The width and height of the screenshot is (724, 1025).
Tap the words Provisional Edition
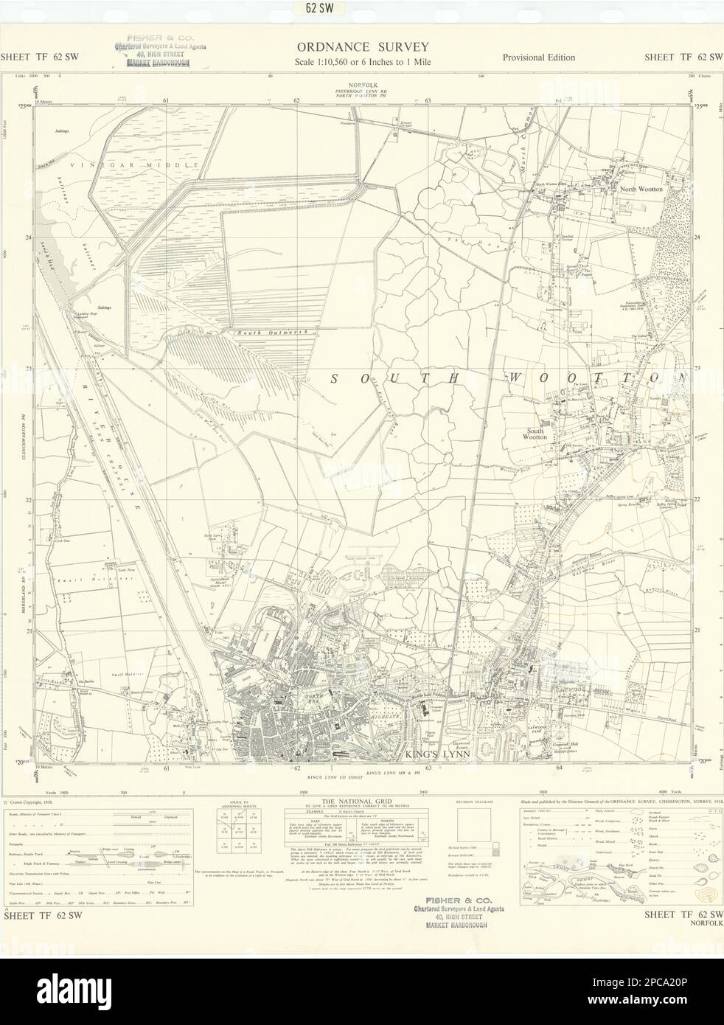[x=539, y=58]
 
